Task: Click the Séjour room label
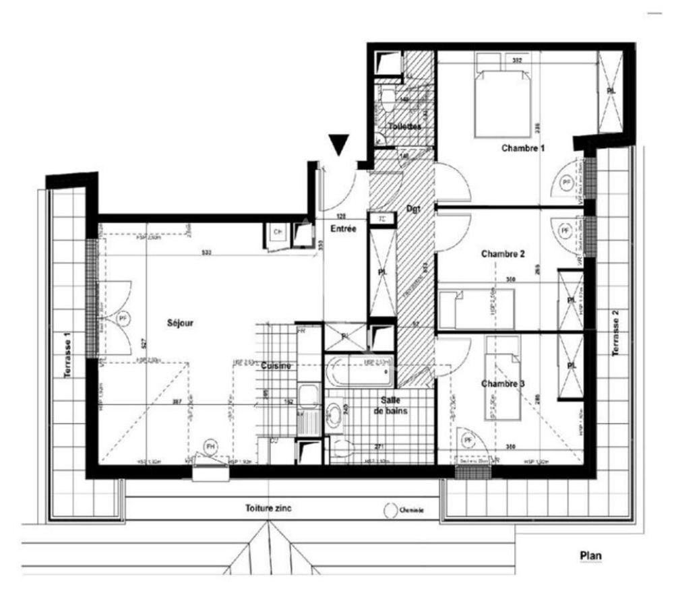181,323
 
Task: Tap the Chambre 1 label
522,148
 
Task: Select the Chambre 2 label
503,254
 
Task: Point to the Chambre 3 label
503,383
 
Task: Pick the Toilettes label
404,127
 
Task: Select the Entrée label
343,229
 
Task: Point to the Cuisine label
276,366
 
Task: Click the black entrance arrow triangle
338,144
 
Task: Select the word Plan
590,556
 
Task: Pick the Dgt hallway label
412,210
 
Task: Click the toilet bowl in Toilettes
388,98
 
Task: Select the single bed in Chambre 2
477,308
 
